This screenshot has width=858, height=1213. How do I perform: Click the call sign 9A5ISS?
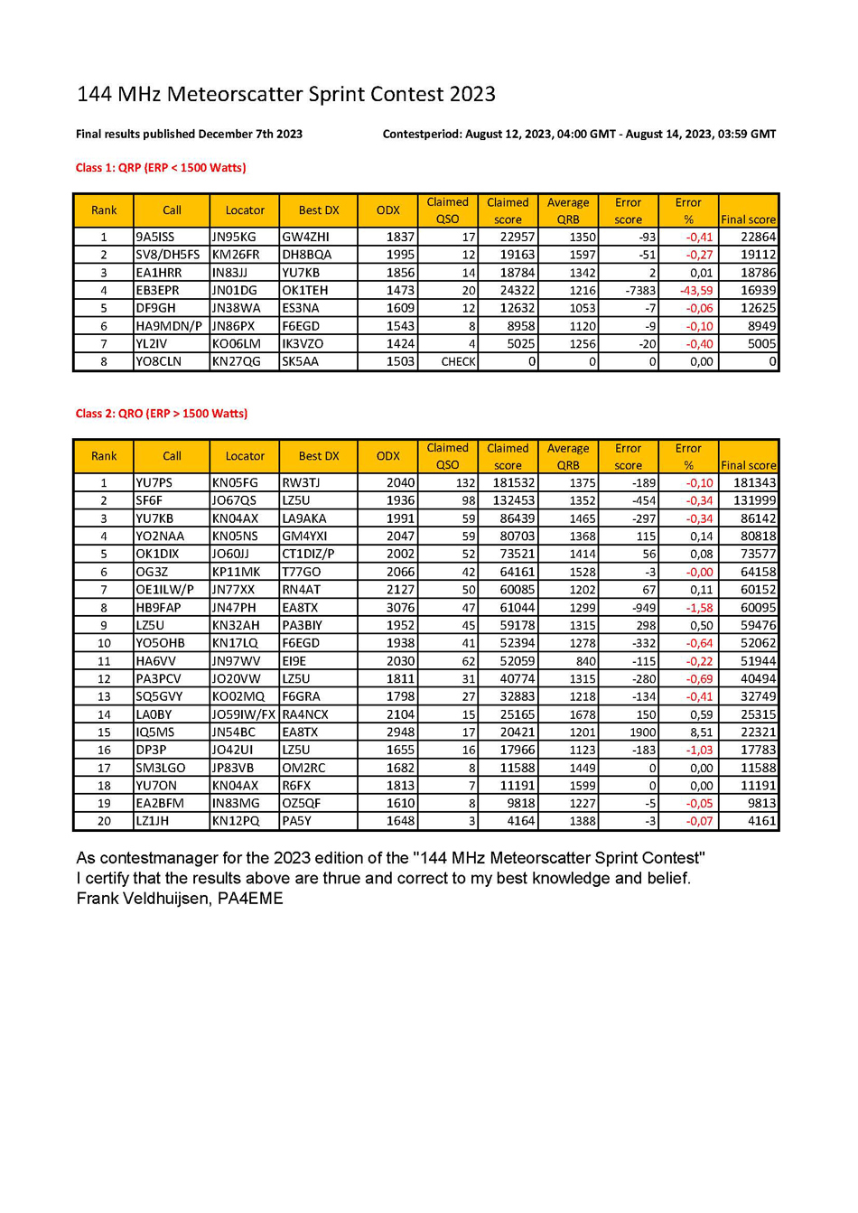click(155, 237)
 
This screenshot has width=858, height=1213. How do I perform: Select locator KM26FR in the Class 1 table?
click(235, 255)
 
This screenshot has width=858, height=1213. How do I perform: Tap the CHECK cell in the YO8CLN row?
click(458, 361)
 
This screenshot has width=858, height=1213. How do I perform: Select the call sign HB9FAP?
click(158, 608)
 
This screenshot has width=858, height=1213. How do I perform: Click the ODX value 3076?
click(400, 608)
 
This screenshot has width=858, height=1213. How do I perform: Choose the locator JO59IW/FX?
click(243, 714)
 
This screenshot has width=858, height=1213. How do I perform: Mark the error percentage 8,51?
click(701, 732)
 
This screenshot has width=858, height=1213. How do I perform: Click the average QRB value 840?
click(585, 661)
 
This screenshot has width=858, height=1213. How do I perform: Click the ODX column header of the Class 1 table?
click(388, 210)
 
